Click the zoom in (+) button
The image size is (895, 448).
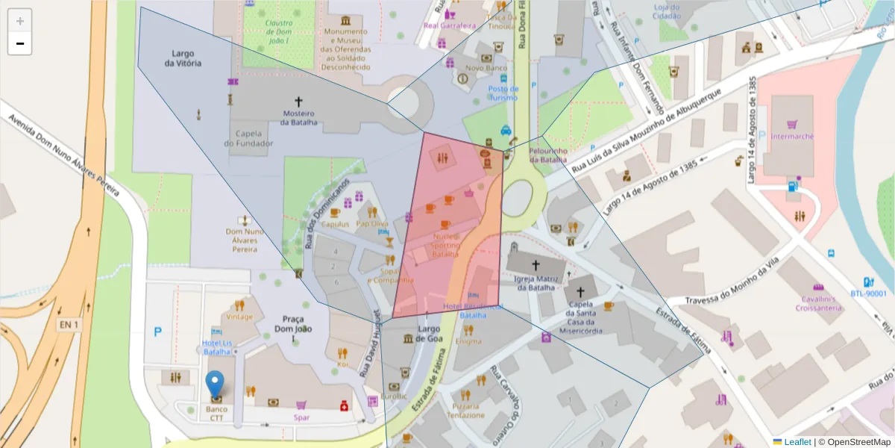pyautogui.click(x=19, y=21)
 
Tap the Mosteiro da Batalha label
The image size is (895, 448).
pyautogui.click(x=300, y=118)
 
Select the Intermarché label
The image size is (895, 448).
pyautogui.click(x=792, y=137)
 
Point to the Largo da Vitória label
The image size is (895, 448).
pyautogui.click(x=183, y=59)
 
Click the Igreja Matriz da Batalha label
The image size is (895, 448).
pyautogui.click(x=535, y=283)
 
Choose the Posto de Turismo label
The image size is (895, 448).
pyautogui.click(x=503, y=93)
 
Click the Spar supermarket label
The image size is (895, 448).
pyautogui.click(x=301, y=417)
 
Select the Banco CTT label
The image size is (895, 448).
pyautogui.click(x=216, y=414)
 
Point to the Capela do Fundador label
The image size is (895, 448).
pyautogui.click(x=248, y=138)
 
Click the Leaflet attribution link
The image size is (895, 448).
pyautogui.click(x=797, y=442)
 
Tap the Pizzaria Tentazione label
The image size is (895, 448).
pyautogui.click(x=465, y=411)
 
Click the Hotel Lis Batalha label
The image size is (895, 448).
pyautogui.click(x=217, y=347)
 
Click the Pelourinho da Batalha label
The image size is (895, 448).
pyautogui.click(x=548, y=155)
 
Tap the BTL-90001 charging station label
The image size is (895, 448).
pyautogui.click(x=868, y=293)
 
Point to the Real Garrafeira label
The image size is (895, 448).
pyautogui.click(x=449, y=25)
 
